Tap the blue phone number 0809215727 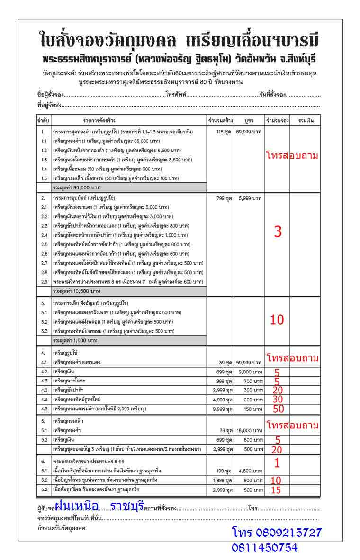(277, 533)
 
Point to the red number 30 (278, 399)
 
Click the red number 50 (278, 409)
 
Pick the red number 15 (276, 490)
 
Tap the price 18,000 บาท (249, 430)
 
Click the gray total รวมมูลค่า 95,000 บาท (76, 187)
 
